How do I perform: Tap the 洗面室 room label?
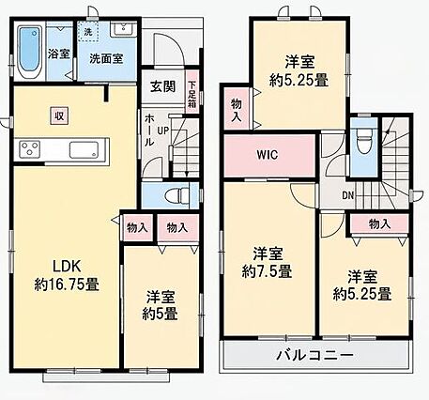coord(106,58)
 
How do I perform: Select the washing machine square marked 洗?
coord(88,31)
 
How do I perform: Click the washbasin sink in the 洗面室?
coord(124,29)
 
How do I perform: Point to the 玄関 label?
coord(163,86)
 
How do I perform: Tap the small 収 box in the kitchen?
coord(59,115)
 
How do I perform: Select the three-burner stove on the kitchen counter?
coord(29,149)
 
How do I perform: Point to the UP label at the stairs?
coord(163,131)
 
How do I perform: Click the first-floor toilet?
coord(177,195)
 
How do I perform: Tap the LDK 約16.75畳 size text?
coord(67,285)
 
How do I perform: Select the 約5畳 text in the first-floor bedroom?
coord(160,314)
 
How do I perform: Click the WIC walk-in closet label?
coord(268,155)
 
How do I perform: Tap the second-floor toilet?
coord(363,141)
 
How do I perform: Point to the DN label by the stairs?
coord(347,196)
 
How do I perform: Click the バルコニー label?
coord(315,356)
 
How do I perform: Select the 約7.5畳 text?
coord(267,271)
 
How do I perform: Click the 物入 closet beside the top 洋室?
coord(237,108)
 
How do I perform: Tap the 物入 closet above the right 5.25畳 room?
coord(379,223)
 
